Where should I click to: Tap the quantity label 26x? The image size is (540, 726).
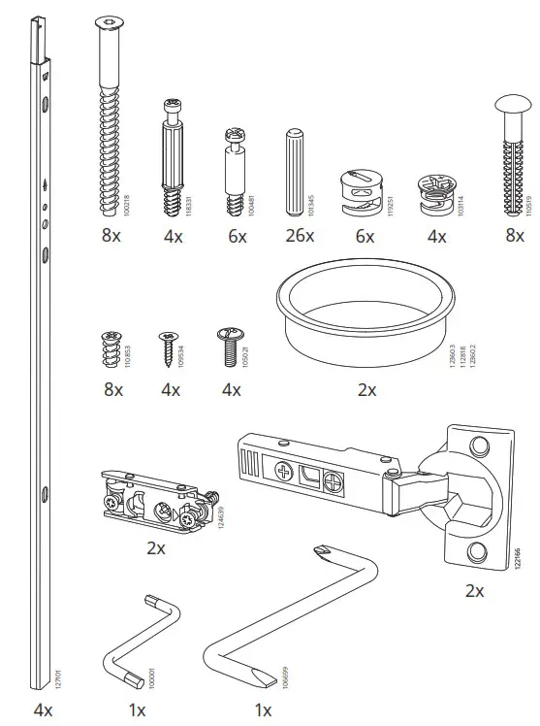click(x=298, y=236)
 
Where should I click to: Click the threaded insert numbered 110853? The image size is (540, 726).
click(x=112, y=348)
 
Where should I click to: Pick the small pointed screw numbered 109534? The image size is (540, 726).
click(x=170, y=345)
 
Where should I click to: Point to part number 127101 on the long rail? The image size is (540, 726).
click(x=59, y=675)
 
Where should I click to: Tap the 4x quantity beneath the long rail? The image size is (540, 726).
click(x=43, y=710)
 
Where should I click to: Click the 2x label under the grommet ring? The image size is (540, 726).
click(x=366, y=389)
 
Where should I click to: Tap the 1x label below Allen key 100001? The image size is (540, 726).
click(x=137, y=710)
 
